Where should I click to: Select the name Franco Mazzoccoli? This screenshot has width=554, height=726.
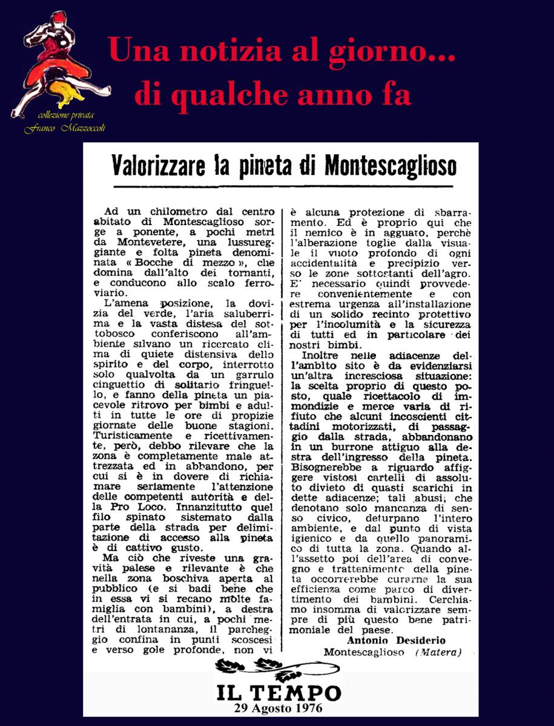pyautogui.click(x=65, y=128)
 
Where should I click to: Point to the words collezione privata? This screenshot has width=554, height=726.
pyautogui.click(x=65, y=116)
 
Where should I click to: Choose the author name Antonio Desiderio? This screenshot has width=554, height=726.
pyautogui.click(x=397, y=641)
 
